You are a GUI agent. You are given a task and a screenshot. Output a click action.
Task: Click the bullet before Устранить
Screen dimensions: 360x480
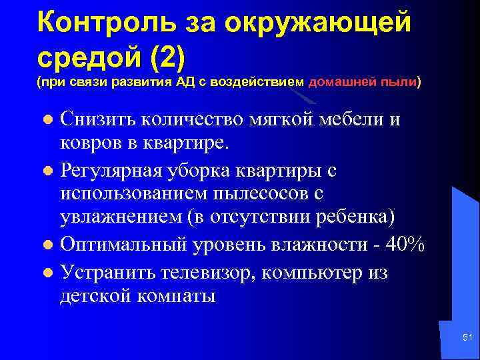pyautogui.click(x=47, y=273)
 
